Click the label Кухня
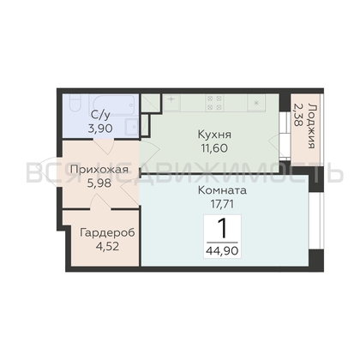tap(214, 135)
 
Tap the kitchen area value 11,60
tap(214, 148)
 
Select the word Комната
tap(222, 190)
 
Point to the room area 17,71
tap(222, 204)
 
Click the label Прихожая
tap(99, 170)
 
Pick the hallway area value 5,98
tap(99, 183)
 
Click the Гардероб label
tap(107, 232)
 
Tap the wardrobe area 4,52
tap(107, 246)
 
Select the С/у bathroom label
tap(100, 115)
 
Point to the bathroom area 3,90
tap(100, 129)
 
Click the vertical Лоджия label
tap(313, 126)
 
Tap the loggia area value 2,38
tap(297, 115)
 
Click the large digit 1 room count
tap(222, 229)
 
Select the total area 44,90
tap(222, 251)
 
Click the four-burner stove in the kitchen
tap(214, 103)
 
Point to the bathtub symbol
tap(111, 105)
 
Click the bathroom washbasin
tap(131, 126)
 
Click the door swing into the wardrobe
tap(100, 201)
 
